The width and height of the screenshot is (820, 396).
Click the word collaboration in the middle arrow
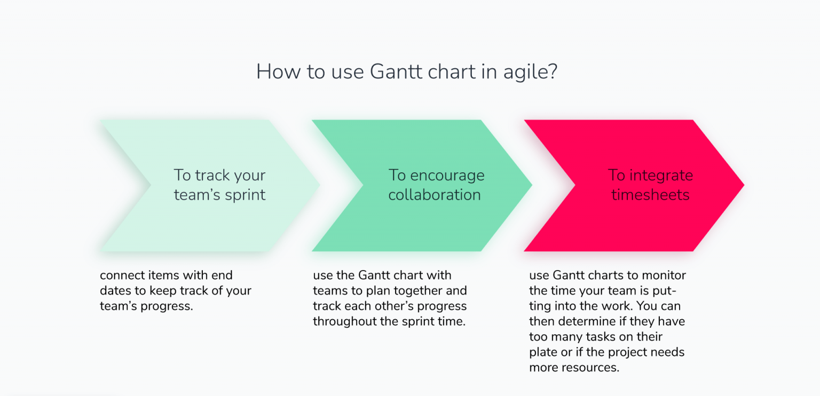[435, 195]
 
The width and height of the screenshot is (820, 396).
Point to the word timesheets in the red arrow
[650, 195]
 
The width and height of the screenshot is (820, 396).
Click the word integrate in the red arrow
[661, 176]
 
